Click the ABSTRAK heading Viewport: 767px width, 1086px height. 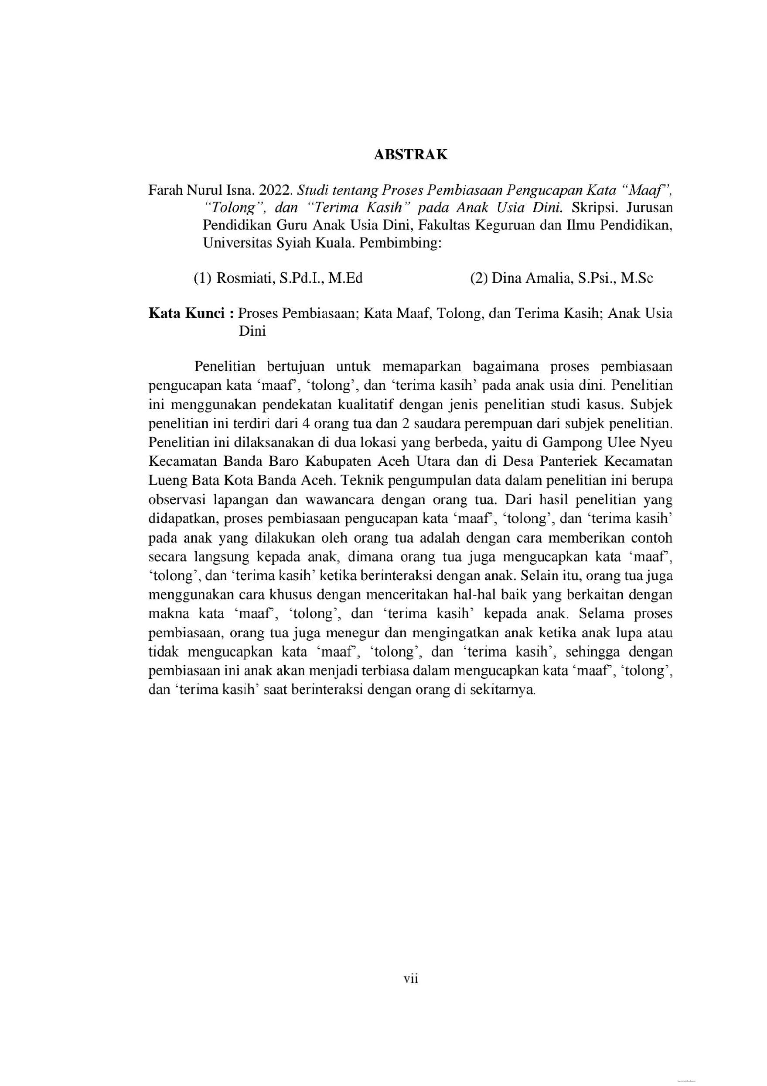tap(410, 155)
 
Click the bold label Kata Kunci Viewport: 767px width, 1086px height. tap(187, 313)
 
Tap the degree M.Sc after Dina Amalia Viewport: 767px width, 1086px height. tap(637, 278)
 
